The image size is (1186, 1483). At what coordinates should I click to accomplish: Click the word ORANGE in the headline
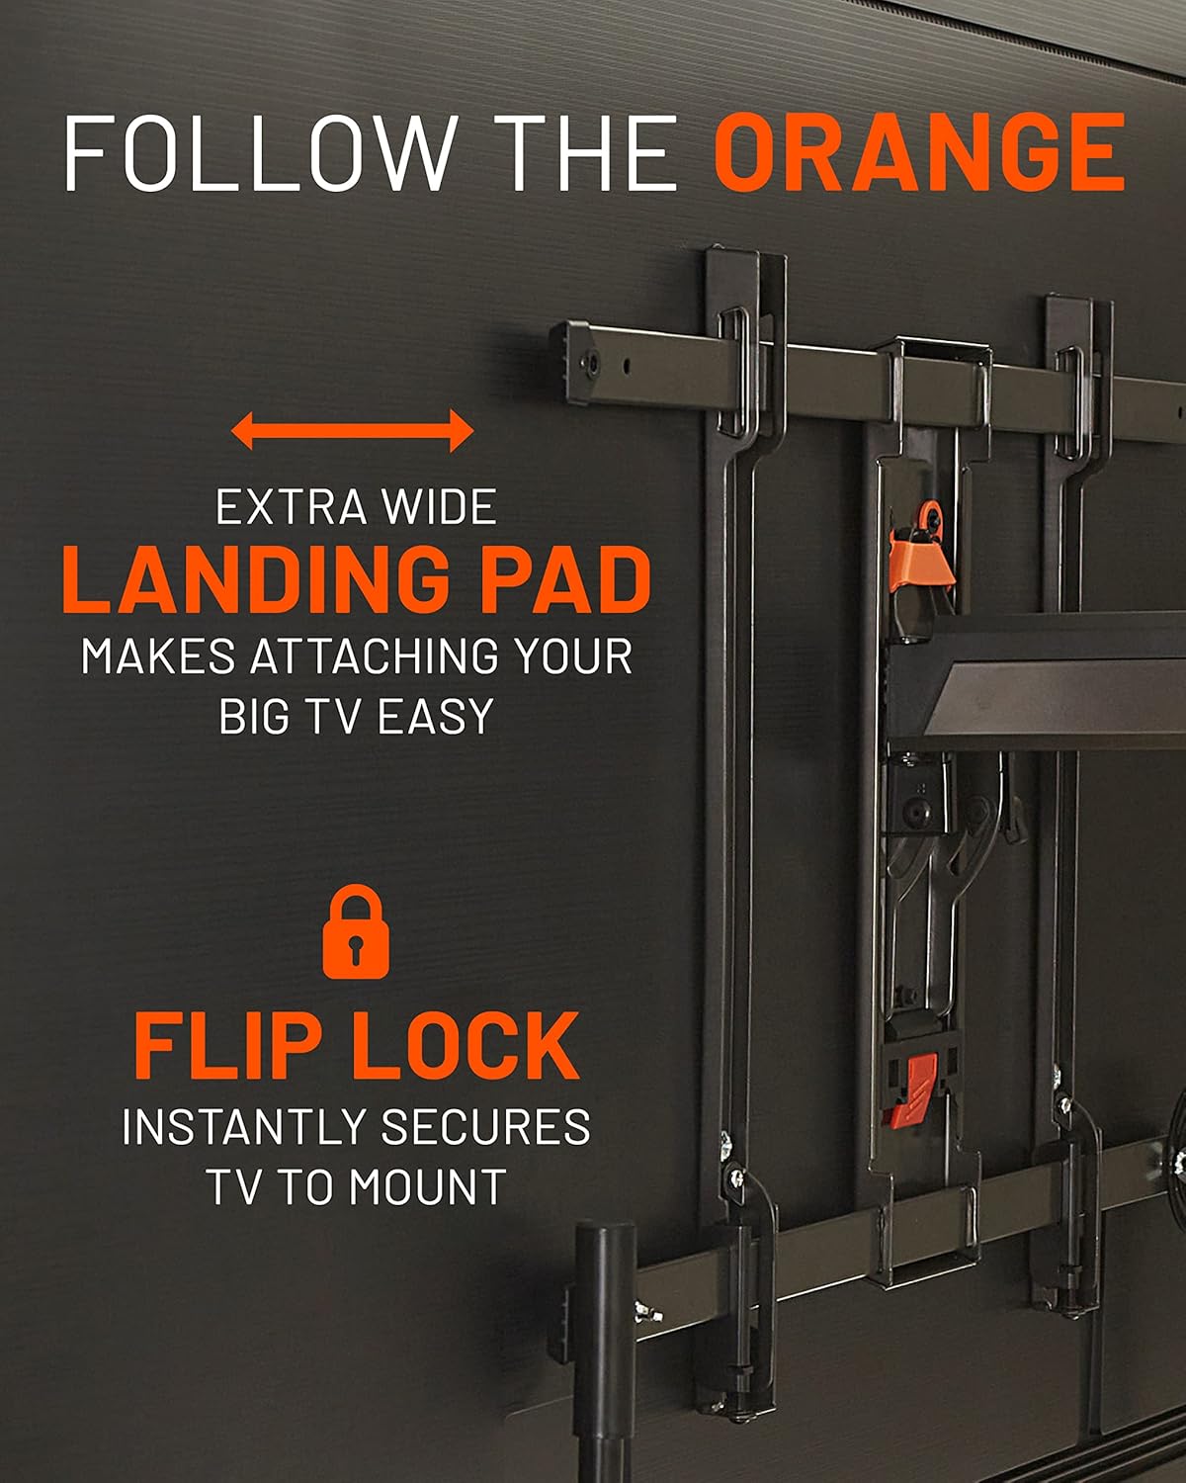[919, 152]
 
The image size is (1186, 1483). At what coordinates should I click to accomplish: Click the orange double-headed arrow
[352, 431]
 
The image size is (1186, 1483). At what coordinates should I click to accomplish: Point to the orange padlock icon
[356, 932]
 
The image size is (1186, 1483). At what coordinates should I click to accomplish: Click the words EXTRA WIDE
[356, 508]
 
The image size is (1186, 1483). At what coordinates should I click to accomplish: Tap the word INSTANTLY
[245, 1127]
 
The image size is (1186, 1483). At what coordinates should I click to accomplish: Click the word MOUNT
[428, 1187]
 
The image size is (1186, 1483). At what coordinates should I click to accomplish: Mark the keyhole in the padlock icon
[356, 947]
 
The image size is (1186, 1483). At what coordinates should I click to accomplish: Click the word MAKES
[158, 656]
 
